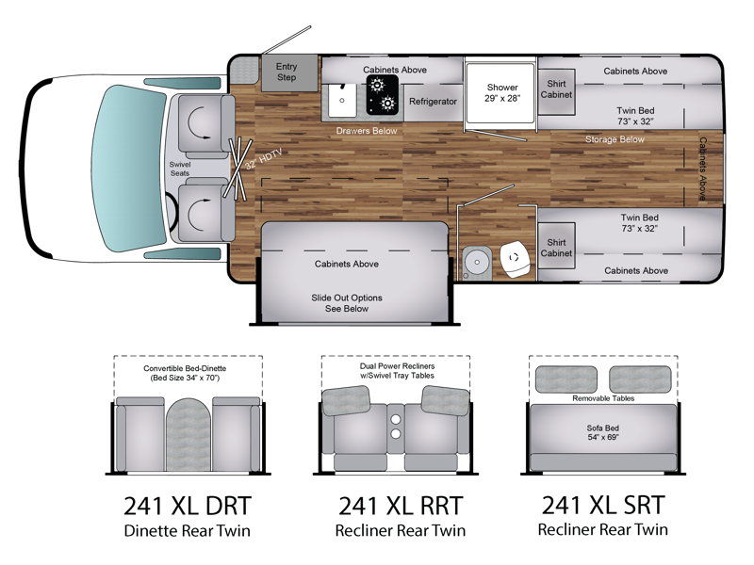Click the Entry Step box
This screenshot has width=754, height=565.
pos(289,73)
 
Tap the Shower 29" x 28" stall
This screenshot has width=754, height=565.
pos(500,93)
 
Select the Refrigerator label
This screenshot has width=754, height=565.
pos(433,102)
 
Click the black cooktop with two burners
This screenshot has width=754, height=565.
pos(383,95)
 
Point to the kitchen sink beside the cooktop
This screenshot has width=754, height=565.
pos(342,100)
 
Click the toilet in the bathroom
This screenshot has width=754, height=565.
pos(514,260)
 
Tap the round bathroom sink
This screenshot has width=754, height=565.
pos(477,263)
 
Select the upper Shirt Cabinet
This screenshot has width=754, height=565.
pos(556,91)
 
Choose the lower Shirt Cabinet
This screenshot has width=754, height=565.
pos(556,246)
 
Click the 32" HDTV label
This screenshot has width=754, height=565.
pos(264,159)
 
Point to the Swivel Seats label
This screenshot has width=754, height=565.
pos(180,169)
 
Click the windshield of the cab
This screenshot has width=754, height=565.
pos(128,169)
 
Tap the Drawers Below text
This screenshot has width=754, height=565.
pos(367,131)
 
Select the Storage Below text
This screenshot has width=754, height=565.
pos(615,139)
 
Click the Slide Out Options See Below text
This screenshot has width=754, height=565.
pos(347,303)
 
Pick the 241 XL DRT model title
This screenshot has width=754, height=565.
pos(188,506)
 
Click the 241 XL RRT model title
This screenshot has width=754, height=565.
pos(401,506)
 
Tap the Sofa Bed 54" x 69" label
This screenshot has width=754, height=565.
pos(603,432)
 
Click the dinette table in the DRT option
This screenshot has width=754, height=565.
pos(188,434)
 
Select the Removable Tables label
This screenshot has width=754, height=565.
pos(603,398)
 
